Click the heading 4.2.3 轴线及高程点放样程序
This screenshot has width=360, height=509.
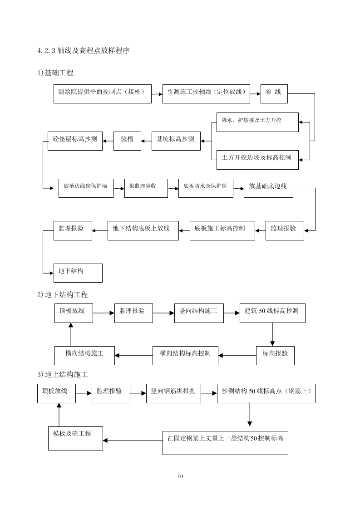click(84, 51)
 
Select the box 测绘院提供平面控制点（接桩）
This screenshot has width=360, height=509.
click(102, 93)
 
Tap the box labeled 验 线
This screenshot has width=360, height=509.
click(274, 93)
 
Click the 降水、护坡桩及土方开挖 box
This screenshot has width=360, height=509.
click(257, 122)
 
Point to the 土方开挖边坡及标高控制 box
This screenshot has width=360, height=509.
click(257, 160)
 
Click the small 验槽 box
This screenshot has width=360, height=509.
click(127, 141)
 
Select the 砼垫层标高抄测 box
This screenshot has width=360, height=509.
click(75, 141)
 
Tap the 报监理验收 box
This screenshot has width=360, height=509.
click(143, 188)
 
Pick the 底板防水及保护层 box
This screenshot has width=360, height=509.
click(205, 188)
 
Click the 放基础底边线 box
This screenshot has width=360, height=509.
click(268, 188)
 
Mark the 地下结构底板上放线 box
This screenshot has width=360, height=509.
click(143, 230)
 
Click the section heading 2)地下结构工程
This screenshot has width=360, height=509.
click(63, 295)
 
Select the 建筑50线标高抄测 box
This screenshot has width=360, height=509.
click(272, 313)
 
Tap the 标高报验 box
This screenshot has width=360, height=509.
click(275, 355)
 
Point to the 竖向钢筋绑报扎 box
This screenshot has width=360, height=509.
click(174, 393)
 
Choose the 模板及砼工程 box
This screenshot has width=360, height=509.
click(75, 438)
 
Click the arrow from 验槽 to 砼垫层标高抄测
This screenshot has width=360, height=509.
click(108, 141)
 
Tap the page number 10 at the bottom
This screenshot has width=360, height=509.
click(180, 476)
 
